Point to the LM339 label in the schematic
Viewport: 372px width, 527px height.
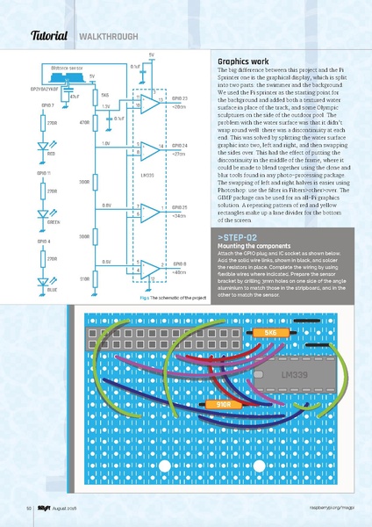[147, 176]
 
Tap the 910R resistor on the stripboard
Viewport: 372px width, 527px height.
[224, 404]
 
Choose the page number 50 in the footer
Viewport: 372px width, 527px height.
[29, 508]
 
